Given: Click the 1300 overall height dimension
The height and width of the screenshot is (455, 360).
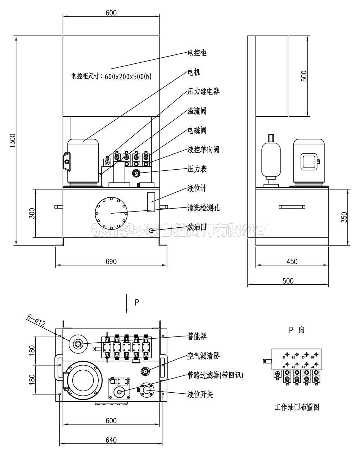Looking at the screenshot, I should point(12,140).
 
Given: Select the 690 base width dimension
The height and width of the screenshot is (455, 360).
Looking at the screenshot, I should point(111,262).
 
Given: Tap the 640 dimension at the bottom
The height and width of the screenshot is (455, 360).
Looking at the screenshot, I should point(111,440).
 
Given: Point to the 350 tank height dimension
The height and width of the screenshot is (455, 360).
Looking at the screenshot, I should point(344,217).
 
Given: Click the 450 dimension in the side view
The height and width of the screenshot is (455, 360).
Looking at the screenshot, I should point(292,262).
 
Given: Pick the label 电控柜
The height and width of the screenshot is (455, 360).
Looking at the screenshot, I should point(197,53).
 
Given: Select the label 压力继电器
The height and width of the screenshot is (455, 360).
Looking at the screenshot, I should point(203,92).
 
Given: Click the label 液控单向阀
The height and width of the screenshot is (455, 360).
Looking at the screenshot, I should point(203,150).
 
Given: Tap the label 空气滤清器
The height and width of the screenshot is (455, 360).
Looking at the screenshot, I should point(203,356).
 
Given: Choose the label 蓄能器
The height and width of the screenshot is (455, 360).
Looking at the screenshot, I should point(197,336).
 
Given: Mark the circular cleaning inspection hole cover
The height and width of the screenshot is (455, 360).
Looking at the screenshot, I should point(111,213).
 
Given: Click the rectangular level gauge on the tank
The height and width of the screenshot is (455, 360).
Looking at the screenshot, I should point(151,201).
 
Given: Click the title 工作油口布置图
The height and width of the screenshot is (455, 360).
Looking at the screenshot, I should point(297,407).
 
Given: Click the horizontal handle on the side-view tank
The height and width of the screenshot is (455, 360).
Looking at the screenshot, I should point(292,207).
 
